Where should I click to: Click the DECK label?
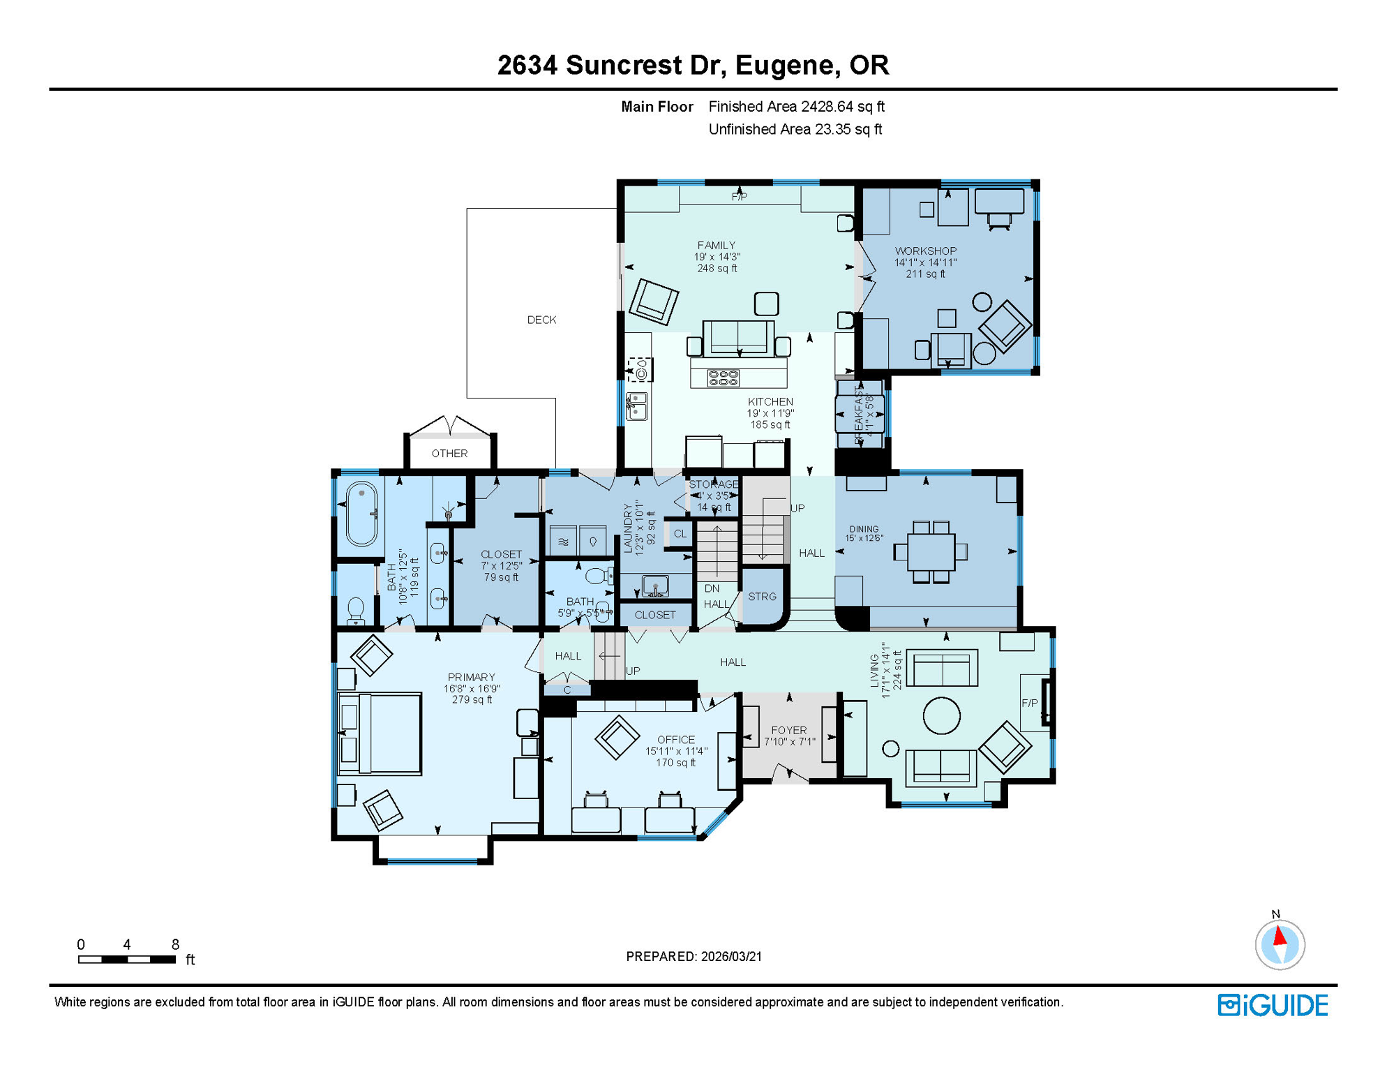(541, 320)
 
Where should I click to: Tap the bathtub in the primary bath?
(361, 513)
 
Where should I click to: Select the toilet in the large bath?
(356, 609)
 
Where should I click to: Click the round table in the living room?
(941, 715)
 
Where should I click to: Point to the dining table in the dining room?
(931, 551)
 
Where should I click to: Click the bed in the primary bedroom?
(380, 734)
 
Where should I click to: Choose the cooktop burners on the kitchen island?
(724, 378)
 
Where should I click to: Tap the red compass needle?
(1280, 935)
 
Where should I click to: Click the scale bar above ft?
(126, 960)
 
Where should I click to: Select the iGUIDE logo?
(1273, 1005)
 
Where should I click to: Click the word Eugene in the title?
(785, 65)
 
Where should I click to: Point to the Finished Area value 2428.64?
(827, 107)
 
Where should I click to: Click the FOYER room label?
(789, 730)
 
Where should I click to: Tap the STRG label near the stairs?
(762, 597)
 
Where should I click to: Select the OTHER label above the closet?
(449, 454)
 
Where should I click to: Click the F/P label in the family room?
(740, 197)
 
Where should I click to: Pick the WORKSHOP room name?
(926, 251)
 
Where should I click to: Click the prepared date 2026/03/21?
(731, 956)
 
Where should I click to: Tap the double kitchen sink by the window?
(636, 406)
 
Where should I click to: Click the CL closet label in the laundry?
(680, 534)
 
